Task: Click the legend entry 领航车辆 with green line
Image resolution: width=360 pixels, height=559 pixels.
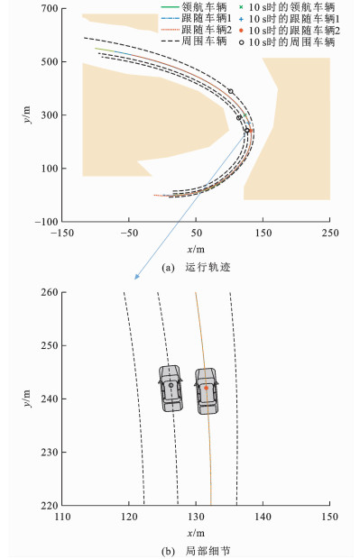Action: (194, 7)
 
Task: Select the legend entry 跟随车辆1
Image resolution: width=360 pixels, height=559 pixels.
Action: (196, 18)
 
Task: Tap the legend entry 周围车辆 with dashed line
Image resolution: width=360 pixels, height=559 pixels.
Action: (194, 41)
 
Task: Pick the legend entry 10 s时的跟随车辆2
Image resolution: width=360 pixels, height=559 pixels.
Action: (290, 31)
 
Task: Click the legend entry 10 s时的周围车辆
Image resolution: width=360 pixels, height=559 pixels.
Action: (287, 42)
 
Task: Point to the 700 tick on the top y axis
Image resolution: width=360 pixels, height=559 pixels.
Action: (50, 8)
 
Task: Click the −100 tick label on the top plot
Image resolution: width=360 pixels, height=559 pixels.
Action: (46, 222)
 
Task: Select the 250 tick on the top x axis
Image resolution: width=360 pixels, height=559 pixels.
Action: (329, 233)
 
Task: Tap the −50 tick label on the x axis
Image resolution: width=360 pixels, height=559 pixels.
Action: (129, 233)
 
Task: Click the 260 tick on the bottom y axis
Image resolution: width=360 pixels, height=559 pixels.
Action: (50, 292)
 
